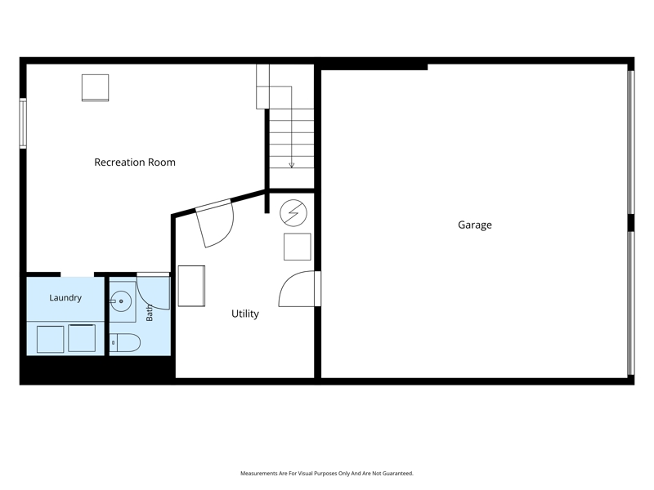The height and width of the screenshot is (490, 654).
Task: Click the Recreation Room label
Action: coord(135,162)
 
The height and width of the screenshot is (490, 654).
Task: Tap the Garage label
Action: coord(475,225)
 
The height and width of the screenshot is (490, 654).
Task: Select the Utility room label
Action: coord(244,314)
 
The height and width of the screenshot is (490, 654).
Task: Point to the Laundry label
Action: coord(65,298)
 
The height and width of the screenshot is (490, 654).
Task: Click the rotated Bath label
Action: coord(150,313)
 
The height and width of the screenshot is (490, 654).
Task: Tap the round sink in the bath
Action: coord(121,301)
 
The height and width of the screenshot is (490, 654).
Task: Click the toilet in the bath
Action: coord(125,342)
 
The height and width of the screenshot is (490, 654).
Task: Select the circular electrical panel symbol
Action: coord(293,213)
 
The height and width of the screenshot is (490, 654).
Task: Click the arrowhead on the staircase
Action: coord(292,165)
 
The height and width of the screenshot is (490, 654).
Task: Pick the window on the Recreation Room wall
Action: coord(23,123)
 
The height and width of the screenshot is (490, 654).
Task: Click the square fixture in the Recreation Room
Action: coord(95,88)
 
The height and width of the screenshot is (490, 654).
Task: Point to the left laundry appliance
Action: coord(50,339)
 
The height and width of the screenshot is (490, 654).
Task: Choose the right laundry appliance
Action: coord(82,338)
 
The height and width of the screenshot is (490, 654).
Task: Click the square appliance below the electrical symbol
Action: coord(298,247)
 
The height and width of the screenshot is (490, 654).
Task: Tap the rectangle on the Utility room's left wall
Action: coord(191,286)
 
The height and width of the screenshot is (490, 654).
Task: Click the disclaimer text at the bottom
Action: coord(327,474)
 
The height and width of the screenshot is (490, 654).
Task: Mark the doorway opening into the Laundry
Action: coord(77,274)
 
